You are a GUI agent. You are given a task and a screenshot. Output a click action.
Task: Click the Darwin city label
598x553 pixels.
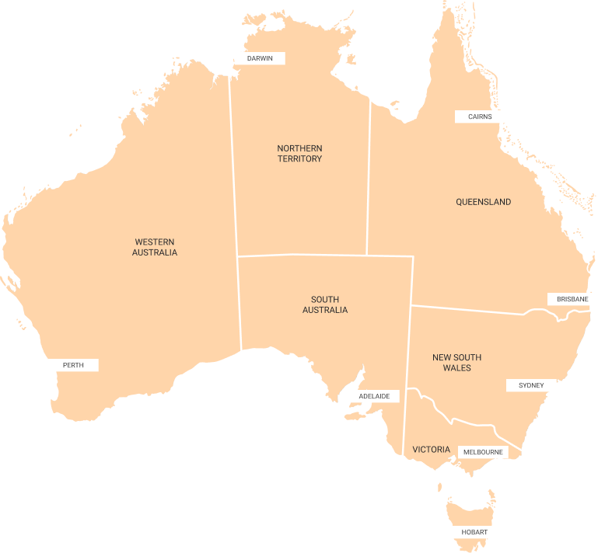[260, 58]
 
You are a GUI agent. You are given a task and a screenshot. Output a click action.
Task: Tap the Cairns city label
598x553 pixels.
[480, 117]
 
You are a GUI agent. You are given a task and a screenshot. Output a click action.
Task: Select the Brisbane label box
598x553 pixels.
[572, 299]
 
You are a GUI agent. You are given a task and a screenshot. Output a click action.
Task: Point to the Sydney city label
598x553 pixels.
[531, 385]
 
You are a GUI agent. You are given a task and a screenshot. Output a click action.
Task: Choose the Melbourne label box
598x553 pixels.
[482, 452]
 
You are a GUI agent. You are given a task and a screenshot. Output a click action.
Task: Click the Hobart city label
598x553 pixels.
[474, 532]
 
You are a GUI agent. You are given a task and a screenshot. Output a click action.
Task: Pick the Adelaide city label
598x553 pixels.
[374, 396]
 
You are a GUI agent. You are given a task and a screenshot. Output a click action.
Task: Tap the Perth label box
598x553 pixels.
[73, 365]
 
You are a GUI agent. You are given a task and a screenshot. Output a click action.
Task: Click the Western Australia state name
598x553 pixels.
[154, 247]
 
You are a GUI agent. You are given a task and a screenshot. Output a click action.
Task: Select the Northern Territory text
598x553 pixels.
[299, 153]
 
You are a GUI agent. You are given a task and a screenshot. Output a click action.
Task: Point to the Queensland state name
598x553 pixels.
[483, 202]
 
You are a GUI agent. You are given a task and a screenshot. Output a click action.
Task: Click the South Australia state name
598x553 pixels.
[325, 304]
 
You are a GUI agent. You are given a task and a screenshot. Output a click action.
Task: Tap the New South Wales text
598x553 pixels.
[456, 362]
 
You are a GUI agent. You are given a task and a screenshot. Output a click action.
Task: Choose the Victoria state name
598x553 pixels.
[431, 450]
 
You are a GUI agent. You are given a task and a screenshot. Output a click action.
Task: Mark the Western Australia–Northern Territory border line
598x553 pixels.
[233, 171]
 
